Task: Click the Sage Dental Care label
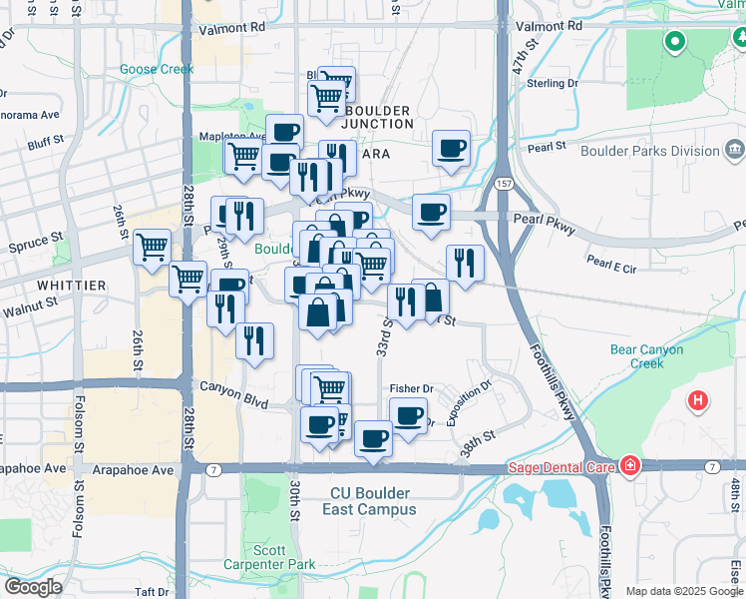pyautogui.click(x=563, y=466)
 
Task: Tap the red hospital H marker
pyautogui.click(x=698, y=402)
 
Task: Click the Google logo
pyautogui.click(x=33, y=587)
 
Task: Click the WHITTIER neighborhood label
pyautogui.click(x=72, y=286)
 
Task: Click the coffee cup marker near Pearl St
pyautogui.click(x=451, y=148)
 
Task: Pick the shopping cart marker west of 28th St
pyautogui.click(x=152, y=246)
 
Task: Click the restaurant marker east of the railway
pyautogui.click(x=465, y=263)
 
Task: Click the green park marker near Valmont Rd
pyautogui.click(x=675, y=42)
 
